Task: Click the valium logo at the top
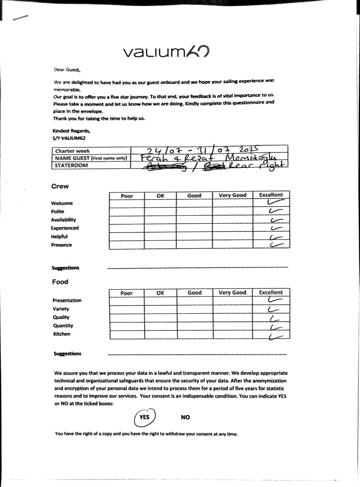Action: point(166,52)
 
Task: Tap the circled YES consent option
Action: point(145,417)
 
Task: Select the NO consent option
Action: point(185,417)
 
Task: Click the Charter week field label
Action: point(72,151)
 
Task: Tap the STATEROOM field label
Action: point(71,166)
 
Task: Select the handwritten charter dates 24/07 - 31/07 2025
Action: point(202,150)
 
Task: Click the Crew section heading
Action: point(60,186)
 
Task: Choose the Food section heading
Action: point(60,282)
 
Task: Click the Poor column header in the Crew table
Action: point(127,196)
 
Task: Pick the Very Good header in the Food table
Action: point(232,293)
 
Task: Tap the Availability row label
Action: point(63,220)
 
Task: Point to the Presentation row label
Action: point(67,300)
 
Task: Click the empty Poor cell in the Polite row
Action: point(127,212)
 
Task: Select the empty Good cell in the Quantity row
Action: point(195,326)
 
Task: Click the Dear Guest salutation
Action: point(67,70)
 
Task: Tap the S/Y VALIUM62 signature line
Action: point(69,138)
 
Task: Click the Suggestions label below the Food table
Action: point(67,354)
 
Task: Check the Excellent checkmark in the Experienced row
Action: point(275,228)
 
